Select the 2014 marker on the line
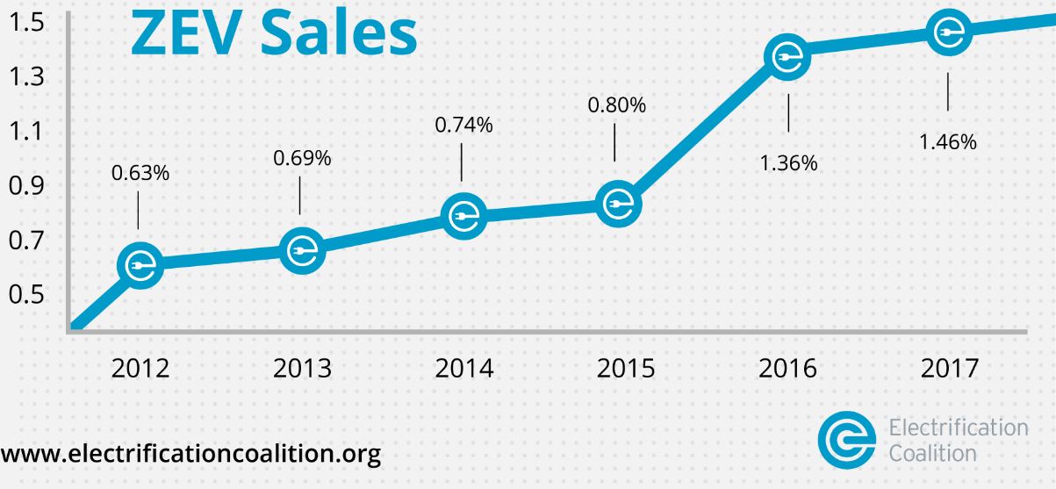coord(463,215)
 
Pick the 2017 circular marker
coord(948,33)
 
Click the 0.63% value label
coord(140,173)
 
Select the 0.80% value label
coord(616,106)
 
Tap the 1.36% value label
coord(788,163)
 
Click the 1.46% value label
coord(948,143)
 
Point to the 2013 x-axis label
coord(302,368)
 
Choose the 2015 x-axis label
coord(625,368)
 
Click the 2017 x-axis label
coord(948,368)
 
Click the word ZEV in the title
coord(179,33)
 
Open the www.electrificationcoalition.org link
coord(190,456)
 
